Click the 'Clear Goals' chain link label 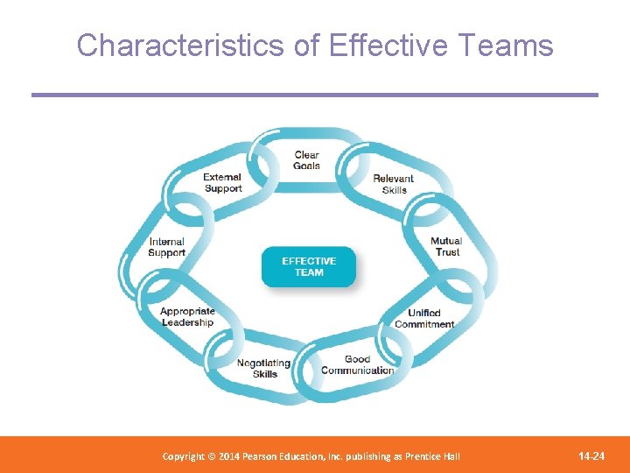[x=306, y=160]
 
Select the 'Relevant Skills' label [x=394, y=184]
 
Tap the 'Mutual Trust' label [x=446, y=246]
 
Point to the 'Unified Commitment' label [x=424, y=319]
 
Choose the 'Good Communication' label [x=357, y=364]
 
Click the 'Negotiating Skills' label [x=264, y=369]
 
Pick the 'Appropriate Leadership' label [x=187, y=317]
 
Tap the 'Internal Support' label [x=166, y=248]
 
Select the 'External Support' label [x=223, y=183]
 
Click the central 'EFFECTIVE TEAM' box [x=309, y=266]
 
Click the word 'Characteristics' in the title [x=181, y=46]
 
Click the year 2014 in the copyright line [x=227, y=456]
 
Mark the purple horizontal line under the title [x=315, y=95]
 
